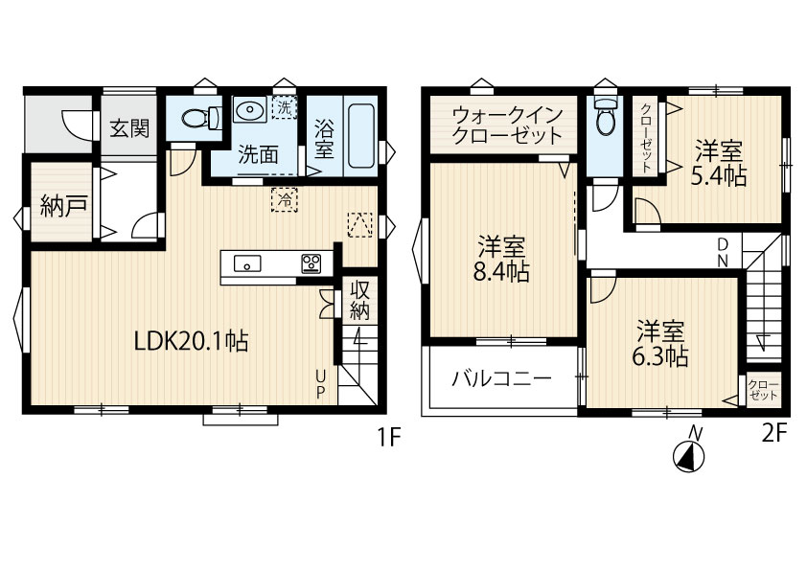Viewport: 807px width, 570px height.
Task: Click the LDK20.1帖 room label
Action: tap(191, 340)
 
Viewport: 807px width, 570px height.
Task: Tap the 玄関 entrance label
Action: tap(129, 128)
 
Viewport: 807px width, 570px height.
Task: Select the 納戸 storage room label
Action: tap(63, 206)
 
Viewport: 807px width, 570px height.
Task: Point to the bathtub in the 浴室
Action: tap(361, 136)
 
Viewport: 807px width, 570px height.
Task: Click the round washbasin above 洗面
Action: tap(249, 109)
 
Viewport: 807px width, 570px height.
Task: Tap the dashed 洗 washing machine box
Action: tap(285, 107)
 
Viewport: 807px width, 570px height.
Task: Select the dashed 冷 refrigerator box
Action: tap(285, 199)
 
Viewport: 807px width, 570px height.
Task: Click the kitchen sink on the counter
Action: tap(247, 263)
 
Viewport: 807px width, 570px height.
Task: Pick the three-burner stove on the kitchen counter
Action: tap(311, 263)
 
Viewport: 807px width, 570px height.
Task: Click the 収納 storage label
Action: tap(359, 301)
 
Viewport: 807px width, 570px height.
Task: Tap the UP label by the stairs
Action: tap(320, 385)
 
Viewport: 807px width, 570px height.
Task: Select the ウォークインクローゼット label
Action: tap(507, 125)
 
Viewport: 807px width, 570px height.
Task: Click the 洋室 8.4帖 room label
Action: tap(501, 259)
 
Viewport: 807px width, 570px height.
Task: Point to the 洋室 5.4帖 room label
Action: tap(719, 163)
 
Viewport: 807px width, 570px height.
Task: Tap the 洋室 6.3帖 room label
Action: tap(660, 343)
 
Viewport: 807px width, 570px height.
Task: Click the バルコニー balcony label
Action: tap(501, 379)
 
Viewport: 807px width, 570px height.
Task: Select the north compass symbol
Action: tap(690, 450)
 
